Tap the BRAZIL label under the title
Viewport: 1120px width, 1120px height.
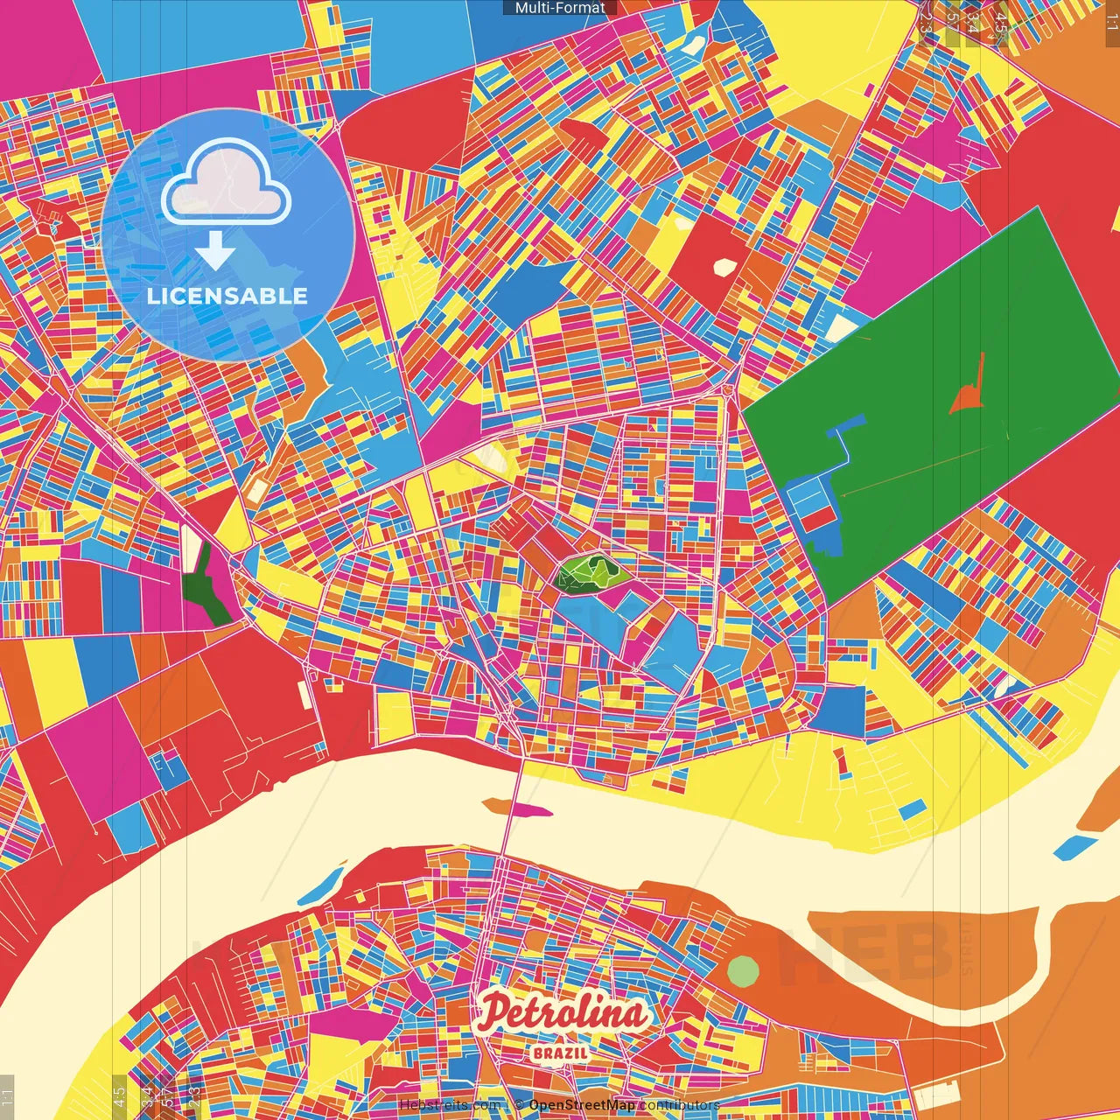[x=560, y=1053]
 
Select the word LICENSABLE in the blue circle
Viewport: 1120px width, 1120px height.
[x=227, y=296]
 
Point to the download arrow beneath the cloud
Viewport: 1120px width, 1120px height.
[x=215, y=251]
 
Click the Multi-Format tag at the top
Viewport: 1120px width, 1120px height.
[x=560, y=8]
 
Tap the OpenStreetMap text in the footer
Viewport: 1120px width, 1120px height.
[x=581, y=1105]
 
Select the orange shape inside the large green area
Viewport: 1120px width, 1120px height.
[x=968, y=389]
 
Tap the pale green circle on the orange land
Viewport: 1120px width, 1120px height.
[x=743, y=970]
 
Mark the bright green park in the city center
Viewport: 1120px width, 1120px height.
[x=590, y=574]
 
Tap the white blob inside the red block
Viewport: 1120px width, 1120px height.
[x=725, y=266]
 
